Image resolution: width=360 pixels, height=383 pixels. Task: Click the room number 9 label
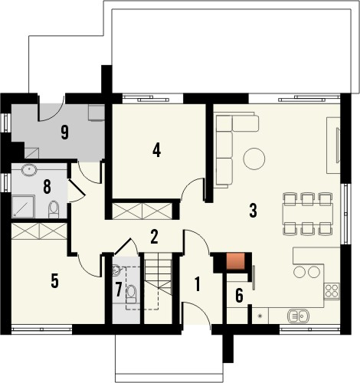pos(65,131)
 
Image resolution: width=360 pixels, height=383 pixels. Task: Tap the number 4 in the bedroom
pos(156,149)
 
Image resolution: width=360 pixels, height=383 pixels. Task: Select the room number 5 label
pos(54,280)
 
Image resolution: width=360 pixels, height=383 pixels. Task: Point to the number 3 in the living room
pos(253,209)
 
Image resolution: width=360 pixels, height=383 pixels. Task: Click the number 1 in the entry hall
pos(197,283)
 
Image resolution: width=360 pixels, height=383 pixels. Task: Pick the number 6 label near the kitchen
pos(238,295)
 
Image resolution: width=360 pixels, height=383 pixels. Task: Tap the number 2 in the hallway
pos(154,236)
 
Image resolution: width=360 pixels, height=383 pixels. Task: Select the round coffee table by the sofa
pos(254,159)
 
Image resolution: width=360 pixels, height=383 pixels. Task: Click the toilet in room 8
pos(53,208)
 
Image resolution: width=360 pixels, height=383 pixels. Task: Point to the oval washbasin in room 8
pos(29,170)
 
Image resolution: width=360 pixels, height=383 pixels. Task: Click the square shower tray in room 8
pos(24,205)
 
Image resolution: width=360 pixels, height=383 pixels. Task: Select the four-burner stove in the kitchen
pos(332,290)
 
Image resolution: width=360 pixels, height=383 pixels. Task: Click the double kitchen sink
pos(297,314)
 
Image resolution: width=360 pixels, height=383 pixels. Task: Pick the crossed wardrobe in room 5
pos(40,229)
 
